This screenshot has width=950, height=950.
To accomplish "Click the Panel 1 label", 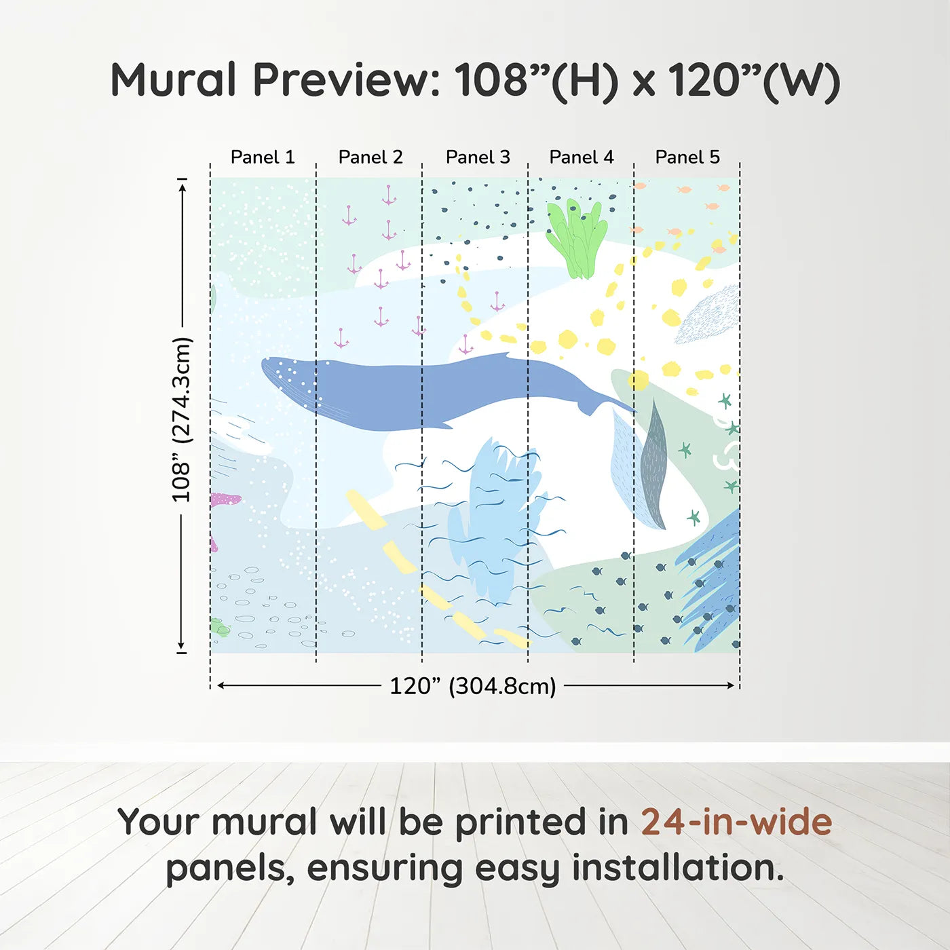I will tap(263, 157).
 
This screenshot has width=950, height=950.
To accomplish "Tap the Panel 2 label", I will tap(370, 157).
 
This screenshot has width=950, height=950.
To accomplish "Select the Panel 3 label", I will tap(477, 157).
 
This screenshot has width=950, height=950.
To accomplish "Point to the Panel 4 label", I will tap(581, 157).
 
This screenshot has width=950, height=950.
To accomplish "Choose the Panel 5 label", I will tap(687, 157).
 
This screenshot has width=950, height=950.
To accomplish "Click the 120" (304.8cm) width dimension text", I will tap(472, 686).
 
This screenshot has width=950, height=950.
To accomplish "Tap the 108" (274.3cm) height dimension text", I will tap(181, 419).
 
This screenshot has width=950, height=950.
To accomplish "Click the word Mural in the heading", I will tap(173, 80).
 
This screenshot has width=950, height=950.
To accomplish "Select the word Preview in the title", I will tap(346, 80).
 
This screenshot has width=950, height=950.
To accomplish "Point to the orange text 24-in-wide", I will tap(736, 822).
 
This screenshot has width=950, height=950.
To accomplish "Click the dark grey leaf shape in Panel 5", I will tap(653, 468).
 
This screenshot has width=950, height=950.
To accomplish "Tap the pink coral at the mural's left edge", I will tap(224, 500).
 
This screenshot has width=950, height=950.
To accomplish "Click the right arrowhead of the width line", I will tap(731, 685).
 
